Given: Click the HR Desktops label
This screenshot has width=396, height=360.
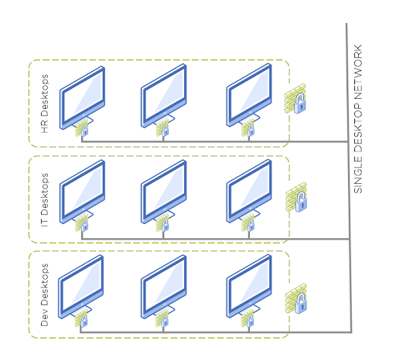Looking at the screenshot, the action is (x=45, y=104).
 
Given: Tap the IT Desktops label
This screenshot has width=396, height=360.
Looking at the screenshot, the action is (x=45, y=200).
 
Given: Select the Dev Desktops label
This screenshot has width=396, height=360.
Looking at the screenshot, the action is (x=45, y=295).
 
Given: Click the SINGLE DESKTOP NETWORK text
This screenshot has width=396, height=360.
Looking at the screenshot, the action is (x=358, y=119).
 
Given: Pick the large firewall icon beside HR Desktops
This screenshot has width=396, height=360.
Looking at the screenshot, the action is (x=295, y=99).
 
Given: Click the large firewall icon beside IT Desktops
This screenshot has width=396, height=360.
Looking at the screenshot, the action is (x=296, y=197).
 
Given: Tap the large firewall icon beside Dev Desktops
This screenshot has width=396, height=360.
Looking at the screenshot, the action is (x=296, y=299).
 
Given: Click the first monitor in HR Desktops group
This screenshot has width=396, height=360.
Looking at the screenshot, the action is (x=82, y=98).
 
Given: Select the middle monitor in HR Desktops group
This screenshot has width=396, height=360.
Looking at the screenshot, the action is (x=164, y=96).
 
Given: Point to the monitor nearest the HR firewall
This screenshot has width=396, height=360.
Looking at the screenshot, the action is (x=249, y=95).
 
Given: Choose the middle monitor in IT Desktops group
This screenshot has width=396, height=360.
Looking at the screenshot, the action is (x=164, y=192).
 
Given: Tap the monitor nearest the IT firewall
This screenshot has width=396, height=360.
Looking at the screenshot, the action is (x=249, y=191).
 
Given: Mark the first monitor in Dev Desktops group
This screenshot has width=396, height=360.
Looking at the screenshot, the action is (x=81, y=287).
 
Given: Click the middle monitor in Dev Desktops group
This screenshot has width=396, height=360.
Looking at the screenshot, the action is (x=164, y=287).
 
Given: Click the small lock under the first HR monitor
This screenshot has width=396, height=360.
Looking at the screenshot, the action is (x=84, y=131).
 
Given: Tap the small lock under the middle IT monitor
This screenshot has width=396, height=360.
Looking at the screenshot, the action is (x=166, y=226).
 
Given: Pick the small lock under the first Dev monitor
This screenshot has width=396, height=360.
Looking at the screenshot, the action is (x=84, y=321).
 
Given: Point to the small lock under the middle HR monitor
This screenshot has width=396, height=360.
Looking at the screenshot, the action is (x=166, y=131).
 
